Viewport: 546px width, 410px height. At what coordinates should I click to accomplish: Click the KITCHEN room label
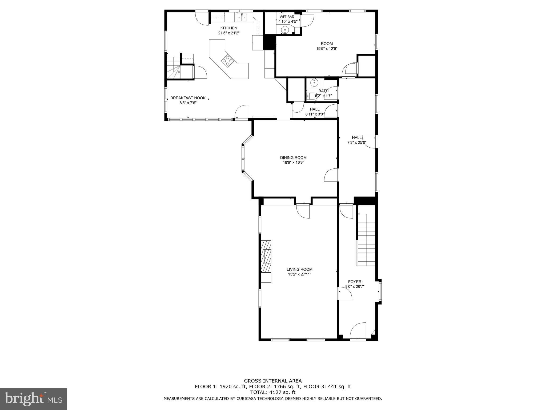228,28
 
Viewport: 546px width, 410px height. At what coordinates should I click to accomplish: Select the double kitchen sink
56,17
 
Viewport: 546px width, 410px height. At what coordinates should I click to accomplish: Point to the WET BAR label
287,17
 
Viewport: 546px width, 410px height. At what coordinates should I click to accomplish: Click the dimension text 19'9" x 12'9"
327,49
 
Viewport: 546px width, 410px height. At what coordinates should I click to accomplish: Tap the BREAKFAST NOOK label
188,98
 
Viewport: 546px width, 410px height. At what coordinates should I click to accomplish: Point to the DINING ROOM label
293,157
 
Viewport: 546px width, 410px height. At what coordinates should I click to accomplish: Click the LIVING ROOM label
300,269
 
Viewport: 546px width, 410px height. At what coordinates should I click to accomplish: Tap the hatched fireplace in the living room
266,256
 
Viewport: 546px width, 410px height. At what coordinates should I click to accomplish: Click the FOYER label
355,282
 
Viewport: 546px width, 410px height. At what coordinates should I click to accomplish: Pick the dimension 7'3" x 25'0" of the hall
357,143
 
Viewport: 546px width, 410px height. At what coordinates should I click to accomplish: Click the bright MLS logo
33,399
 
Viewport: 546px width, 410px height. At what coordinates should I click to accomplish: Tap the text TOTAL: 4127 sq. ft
273,392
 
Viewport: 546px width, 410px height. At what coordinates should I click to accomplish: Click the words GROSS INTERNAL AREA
273,381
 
